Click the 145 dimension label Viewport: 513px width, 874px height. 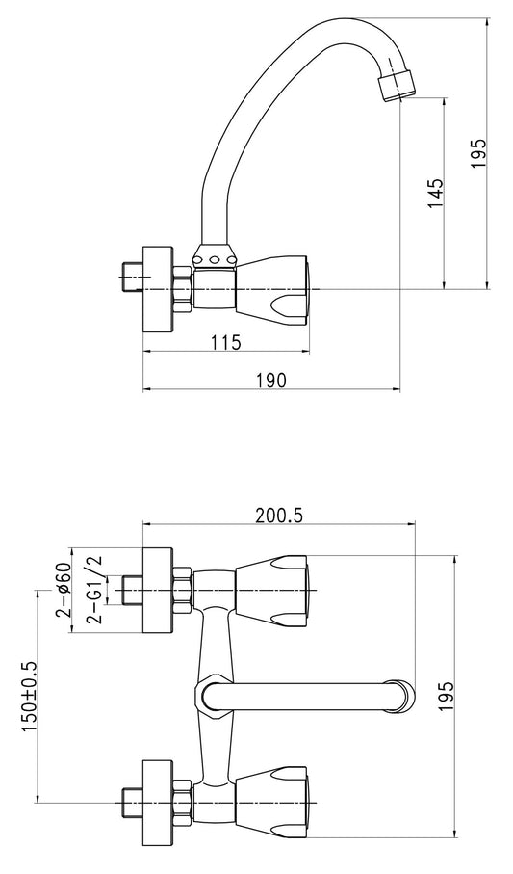(437, 194)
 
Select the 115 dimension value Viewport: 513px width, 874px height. (226, 342)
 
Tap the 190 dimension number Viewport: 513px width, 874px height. (271, 380)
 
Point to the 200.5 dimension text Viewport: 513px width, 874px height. (279, 516)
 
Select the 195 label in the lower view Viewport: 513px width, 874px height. (447, 696)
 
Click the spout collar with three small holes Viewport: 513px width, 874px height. (214, 257)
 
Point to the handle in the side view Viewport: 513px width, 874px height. (272, 290)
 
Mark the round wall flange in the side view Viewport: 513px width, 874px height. (159, 289)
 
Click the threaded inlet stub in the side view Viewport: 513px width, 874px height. (133, 277)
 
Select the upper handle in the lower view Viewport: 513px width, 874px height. (272, 591)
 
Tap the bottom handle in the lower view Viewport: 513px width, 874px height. (272, 802)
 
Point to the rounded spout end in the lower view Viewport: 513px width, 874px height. (402, 696)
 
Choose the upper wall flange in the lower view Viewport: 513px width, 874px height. (159, 591)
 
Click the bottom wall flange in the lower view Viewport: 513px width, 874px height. (159, 802)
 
